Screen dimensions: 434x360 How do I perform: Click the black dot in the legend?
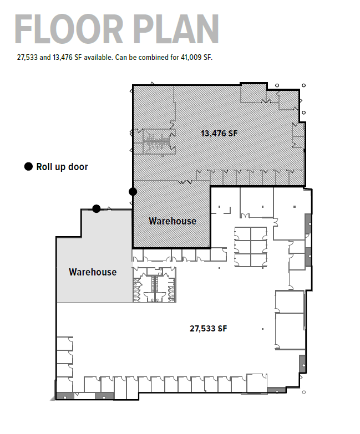click(x=28, y=167)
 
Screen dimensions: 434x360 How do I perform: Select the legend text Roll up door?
click(x=62, y=167)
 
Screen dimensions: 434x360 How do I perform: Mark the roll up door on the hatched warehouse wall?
click(x=133, y=192)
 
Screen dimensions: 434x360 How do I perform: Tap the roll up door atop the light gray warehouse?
click(x=97, y=209)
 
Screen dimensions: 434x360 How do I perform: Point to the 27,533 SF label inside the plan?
click(x=209, y=328)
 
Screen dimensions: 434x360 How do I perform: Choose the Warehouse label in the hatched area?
click(x=173, y=221)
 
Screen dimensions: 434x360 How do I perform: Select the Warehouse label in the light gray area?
click(x=93, y=272)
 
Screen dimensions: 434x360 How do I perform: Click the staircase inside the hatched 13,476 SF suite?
click(x=155, y=144)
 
